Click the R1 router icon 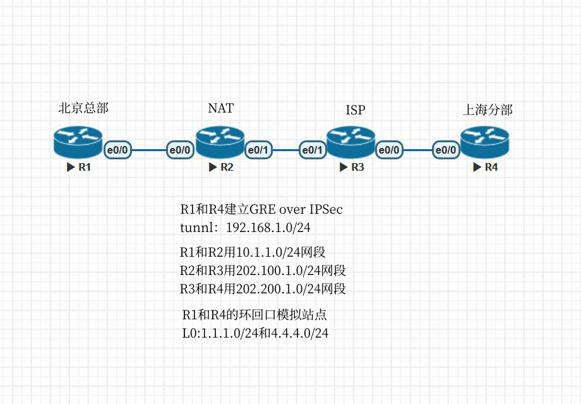tap(78, 142)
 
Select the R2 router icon tap(220, 142)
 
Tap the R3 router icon tap(351, 143)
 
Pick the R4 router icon tap(484, 143)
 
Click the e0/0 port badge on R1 tap(118, 150)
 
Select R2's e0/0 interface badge tap(180, 150)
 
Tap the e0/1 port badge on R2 tap(259, 150)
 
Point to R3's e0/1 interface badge tap(313, 150)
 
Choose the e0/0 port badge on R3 tap(389, 150)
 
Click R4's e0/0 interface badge tap(446, 150)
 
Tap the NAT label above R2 tap(220, 108)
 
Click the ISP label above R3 tap(355, 111)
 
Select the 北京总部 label tap(83, 108)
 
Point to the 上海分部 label tap(488, 111)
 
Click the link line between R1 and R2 tap(149, 150)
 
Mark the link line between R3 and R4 tap(417, 150)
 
